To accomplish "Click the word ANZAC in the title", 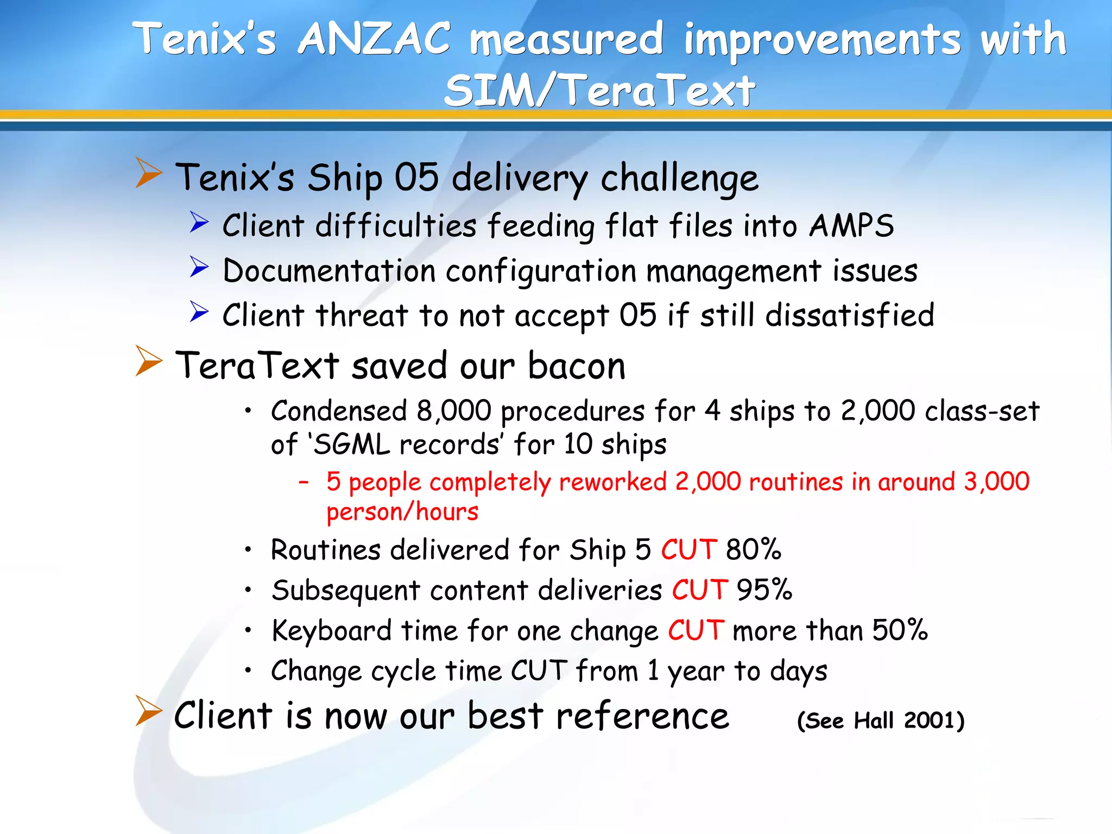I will point(374,39).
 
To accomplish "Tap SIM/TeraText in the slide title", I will point(599,91).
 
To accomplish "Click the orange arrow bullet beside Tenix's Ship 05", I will point(148,173).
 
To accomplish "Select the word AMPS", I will point(851,225).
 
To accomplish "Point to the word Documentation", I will point(329,271).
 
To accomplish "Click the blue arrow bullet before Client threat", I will point(199,312).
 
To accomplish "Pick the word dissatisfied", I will point(850,315).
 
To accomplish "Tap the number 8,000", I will point(454,411).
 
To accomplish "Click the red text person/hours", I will point(402,512).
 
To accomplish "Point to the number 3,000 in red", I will point(996,482).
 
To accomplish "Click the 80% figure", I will point(754,549).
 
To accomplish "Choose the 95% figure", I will point(764,590).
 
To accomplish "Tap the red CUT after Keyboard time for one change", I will point(696,630).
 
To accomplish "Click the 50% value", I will point(900,630).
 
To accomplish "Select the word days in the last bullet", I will point(799,671).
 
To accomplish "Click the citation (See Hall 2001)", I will point(881,721).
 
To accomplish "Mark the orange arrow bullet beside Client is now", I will point(148,711).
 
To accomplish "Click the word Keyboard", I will point(331,630).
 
